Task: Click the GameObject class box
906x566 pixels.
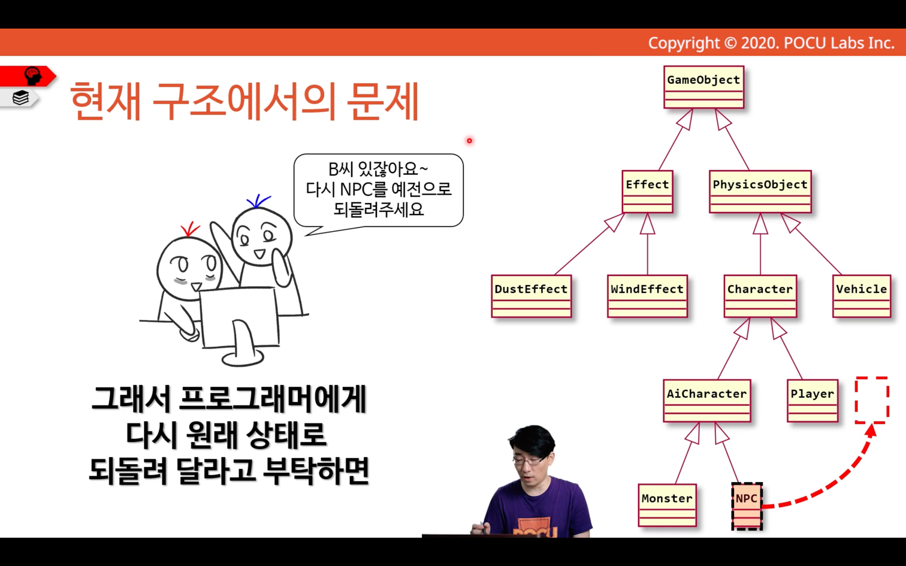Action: point(703,87)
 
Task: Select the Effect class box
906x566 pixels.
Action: point(648,192)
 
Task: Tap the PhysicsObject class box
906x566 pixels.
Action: point(760,192)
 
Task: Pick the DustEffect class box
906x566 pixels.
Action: point(531,296)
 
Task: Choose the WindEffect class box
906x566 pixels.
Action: point(648,296)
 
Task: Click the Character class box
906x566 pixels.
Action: point(760,296)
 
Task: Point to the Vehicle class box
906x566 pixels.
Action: point(862,296)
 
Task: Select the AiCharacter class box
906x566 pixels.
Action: point(707,401)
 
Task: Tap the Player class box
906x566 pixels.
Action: point(813,401)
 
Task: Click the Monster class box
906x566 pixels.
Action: point(668,506)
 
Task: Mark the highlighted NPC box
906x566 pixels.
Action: point(747,506)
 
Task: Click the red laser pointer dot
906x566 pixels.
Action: point(469,141)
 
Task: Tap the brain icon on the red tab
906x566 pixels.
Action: point(32,75)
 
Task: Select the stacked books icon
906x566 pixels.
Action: point(20,98)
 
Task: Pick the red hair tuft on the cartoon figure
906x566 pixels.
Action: point(189,229)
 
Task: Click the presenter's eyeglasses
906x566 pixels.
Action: point(528,460)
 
